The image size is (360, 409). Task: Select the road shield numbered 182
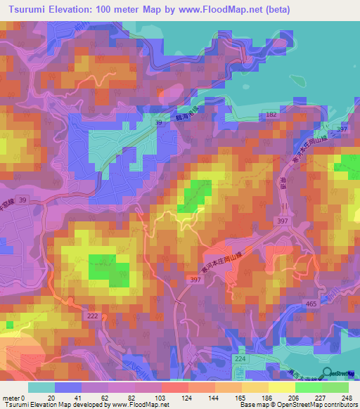click(271, 113)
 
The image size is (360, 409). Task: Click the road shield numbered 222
click(92, 317)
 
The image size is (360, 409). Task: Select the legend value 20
click(52, 398)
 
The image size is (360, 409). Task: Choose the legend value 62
click(106, 398)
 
